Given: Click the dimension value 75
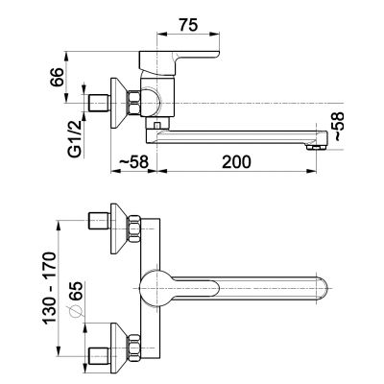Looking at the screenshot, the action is click(x=188, y=25).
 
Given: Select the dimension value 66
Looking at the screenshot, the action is click(x=58, y=77).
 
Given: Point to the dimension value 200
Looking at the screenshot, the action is click(x=237, y=162).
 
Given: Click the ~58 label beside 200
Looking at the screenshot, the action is click(x=133, y=162).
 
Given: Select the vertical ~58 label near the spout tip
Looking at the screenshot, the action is click(x=339, y=127).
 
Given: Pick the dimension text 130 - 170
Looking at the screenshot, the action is click(x=50, y=288).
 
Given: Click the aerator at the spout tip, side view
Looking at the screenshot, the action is click(x=316, y=148).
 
